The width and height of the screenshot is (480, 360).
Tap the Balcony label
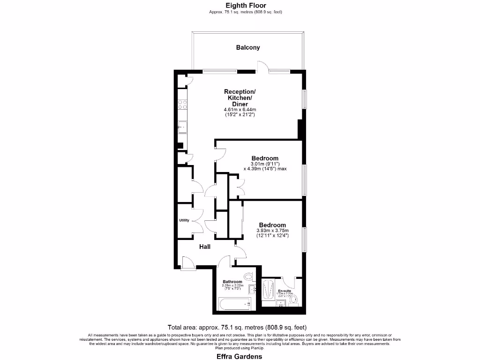247,47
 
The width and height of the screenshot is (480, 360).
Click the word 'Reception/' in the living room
240,91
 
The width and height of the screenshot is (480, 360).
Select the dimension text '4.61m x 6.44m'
240,110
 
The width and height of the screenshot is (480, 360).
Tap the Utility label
184,220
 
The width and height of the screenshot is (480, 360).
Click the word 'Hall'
205,247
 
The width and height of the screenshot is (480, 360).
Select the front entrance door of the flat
188,263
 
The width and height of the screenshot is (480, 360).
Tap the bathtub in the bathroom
236,304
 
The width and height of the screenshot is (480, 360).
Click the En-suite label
285,291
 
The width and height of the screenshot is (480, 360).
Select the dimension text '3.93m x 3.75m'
272,231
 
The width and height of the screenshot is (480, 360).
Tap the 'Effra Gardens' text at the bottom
239,356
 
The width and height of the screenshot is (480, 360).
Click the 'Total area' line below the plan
237,327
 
